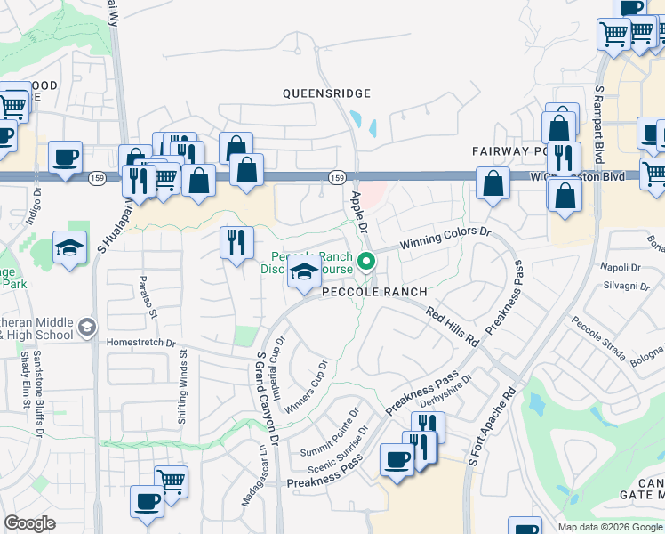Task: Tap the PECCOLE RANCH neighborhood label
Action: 374,292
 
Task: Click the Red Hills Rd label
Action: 453,327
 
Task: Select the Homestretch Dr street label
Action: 141,342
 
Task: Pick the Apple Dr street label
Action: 358,212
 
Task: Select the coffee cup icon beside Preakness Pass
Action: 397,460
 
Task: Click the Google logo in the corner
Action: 29,523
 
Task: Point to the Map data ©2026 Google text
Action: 610,527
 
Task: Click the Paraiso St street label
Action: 145,296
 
